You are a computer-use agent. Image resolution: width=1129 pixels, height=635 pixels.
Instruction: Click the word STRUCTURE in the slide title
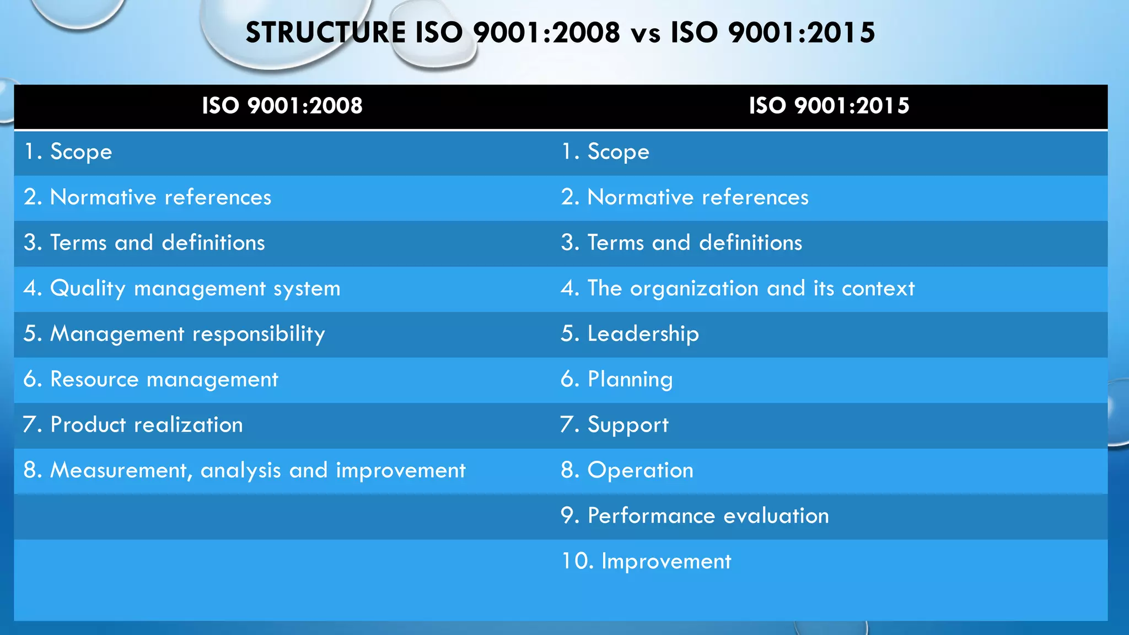[325, 33]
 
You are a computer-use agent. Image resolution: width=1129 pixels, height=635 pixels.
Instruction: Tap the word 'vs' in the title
[645, 33]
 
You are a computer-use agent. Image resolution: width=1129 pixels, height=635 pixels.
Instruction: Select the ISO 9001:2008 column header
[282, 106]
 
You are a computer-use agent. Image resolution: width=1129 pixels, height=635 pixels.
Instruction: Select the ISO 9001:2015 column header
[829, 106]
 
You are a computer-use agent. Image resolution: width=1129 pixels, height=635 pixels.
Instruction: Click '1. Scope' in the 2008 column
[68, 152]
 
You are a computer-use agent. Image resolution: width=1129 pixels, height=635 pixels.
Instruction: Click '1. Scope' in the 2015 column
[605, 152]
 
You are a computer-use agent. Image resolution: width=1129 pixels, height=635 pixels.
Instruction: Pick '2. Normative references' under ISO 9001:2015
[685, 197]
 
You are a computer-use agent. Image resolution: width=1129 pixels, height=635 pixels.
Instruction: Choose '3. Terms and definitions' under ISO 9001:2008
[144, 243]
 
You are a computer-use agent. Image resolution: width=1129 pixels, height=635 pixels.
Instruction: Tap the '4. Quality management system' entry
[182, 288]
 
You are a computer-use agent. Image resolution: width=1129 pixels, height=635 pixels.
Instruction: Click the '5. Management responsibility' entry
[174, 334]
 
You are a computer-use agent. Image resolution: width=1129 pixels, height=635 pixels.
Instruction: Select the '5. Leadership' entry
[630, 334]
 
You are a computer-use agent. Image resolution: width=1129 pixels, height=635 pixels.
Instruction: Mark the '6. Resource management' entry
[150, 379]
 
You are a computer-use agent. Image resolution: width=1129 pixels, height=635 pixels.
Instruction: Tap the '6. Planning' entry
[617, 379]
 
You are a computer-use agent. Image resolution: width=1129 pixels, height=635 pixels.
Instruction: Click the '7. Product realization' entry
[133, 425]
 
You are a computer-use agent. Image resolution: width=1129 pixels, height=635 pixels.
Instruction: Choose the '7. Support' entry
[615, 425]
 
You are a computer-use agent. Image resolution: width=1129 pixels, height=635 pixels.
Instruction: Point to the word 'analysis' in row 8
[241, 471]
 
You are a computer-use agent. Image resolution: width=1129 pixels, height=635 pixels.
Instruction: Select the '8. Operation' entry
[627, 470]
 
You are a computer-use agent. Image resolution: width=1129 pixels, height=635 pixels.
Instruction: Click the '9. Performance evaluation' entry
[695, 516]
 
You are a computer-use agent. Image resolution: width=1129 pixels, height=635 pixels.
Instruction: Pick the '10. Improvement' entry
[646, 561]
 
